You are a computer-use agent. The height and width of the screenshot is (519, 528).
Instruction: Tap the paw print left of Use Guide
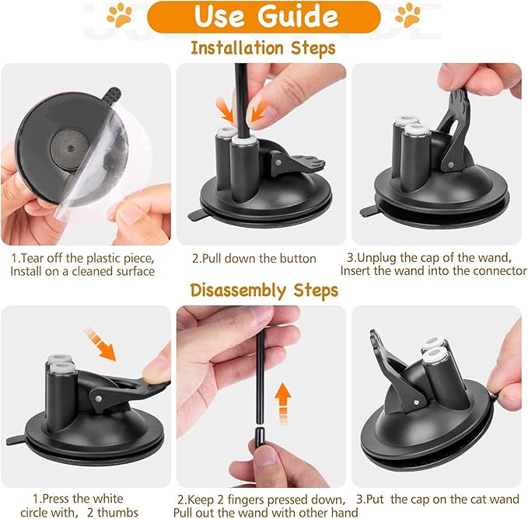point(119,14)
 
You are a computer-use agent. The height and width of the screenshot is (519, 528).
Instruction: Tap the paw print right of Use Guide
point(407,14)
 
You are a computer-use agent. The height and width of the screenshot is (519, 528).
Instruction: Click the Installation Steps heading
point(263,48)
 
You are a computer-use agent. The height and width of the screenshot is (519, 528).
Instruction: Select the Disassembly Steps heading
point(264,291)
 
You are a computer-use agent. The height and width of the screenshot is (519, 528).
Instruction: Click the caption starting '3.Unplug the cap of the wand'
point(433,264)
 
